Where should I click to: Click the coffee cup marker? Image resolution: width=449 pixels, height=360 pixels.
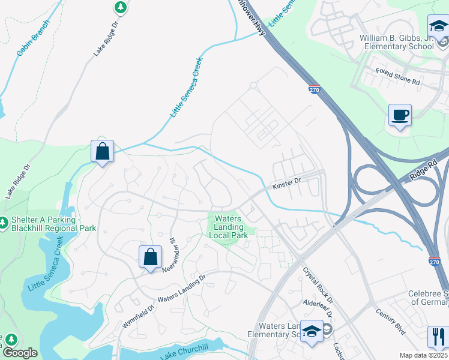[400, 115]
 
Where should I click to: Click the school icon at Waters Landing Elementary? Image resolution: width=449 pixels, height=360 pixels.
[312, 332]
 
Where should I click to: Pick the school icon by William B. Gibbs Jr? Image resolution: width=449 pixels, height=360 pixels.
[438, 26]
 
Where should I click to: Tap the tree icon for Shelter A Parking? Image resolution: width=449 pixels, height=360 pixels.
[4, 223]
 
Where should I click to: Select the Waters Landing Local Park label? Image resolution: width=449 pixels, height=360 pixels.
[228, 227]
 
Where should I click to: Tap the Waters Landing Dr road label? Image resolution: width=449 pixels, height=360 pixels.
[181, 289]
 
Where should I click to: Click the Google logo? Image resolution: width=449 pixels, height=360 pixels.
[19, 353]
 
